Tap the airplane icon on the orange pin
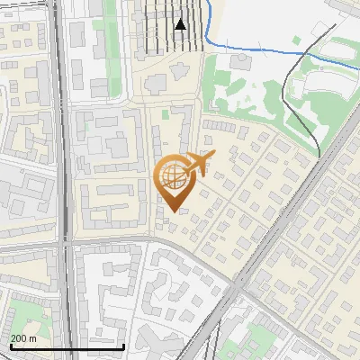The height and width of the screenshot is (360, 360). click(x=200, y=163)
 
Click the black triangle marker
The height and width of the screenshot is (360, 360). click(x=180, y=24)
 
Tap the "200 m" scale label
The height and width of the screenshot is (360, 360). click(x=24, y=337)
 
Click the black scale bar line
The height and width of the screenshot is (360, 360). click(x=67, y=346)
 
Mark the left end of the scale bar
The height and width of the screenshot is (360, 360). click(x=10, y=346)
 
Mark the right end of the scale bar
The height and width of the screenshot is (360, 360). click(x=123, y=346)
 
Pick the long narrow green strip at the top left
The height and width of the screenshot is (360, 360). click(x=110, y=27)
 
